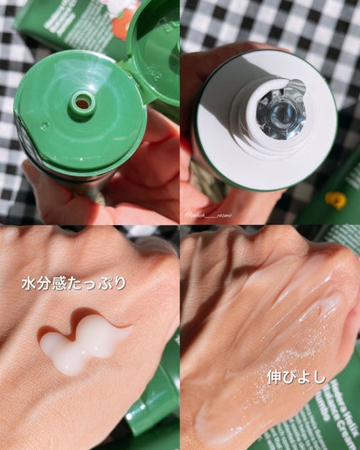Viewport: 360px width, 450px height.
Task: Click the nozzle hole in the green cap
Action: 81,103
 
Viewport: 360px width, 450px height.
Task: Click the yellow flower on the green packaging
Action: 337,200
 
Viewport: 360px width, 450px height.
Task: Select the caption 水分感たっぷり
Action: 74,284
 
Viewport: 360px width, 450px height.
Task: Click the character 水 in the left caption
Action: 28,284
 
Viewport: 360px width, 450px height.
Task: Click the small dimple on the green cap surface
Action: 44,127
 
